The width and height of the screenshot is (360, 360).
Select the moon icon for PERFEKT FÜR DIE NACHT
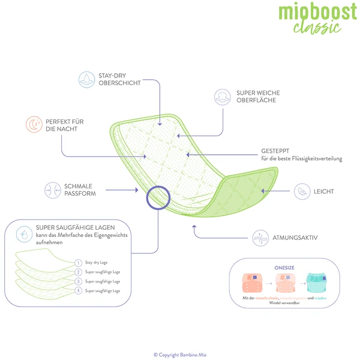(33, 124)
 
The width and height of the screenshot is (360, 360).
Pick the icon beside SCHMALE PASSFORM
(52, 190)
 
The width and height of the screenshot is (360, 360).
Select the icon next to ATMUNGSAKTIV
(260, 238)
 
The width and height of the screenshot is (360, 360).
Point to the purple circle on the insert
(159, 197)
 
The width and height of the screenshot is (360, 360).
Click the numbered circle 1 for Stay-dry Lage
(78, 263)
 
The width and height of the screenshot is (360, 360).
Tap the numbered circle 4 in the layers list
(78, 290)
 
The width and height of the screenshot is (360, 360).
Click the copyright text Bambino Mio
(180, 354)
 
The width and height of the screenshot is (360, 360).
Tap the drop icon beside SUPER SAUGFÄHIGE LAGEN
(25, 232)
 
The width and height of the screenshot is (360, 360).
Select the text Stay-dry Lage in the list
(97, 263)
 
